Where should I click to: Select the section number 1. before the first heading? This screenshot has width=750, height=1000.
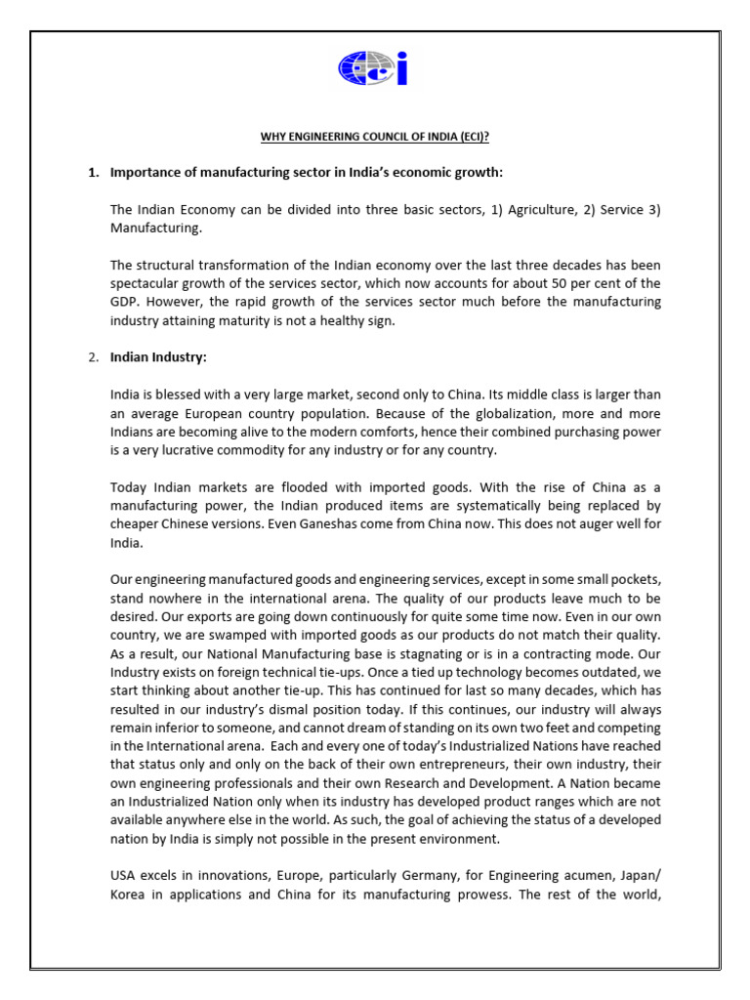[x=94, y=173]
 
